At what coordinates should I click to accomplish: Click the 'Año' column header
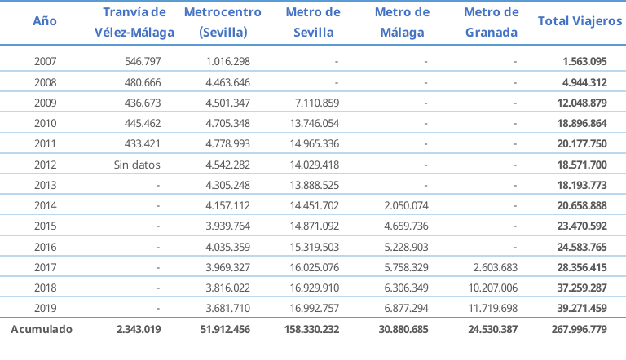46,22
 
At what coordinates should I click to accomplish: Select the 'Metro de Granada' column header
491,23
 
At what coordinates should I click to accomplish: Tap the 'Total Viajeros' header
580,22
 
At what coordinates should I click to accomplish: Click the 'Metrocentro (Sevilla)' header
223,23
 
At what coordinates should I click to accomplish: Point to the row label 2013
46,185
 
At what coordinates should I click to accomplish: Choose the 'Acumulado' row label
41,330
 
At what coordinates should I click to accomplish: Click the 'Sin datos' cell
138,165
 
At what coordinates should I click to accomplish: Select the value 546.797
143,62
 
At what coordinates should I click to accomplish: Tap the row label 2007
46,62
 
